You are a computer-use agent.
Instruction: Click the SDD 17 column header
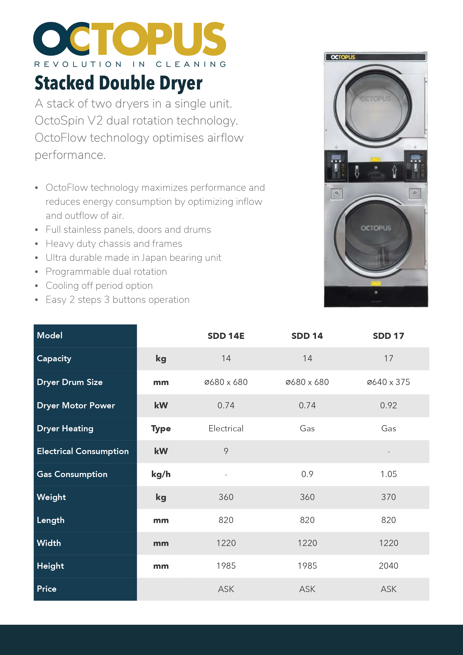[x=388, y=336]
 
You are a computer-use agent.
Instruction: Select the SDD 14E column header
[x=226, y=336]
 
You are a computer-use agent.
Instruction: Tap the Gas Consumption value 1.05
[x=388, y=474]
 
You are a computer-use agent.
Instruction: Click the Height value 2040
[x=388, y=566]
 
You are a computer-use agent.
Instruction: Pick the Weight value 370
[x=388, y=497]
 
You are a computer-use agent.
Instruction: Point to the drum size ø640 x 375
[x=388, y=382]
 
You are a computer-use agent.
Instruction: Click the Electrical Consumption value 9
[x=226, y=451]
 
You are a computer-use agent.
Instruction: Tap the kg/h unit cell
[x=161, y=474]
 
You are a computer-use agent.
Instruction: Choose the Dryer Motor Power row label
[x=76, y=405]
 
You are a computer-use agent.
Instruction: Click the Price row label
[x=47, y=589]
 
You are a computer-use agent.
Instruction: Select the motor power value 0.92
[x=388, y=405]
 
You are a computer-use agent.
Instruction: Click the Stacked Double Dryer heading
[x=118, y=83]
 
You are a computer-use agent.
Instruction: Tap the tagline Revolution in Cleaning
[x=130, y=64]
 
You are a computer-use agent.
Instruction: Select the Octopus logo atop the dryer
[x=343, y=57]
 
